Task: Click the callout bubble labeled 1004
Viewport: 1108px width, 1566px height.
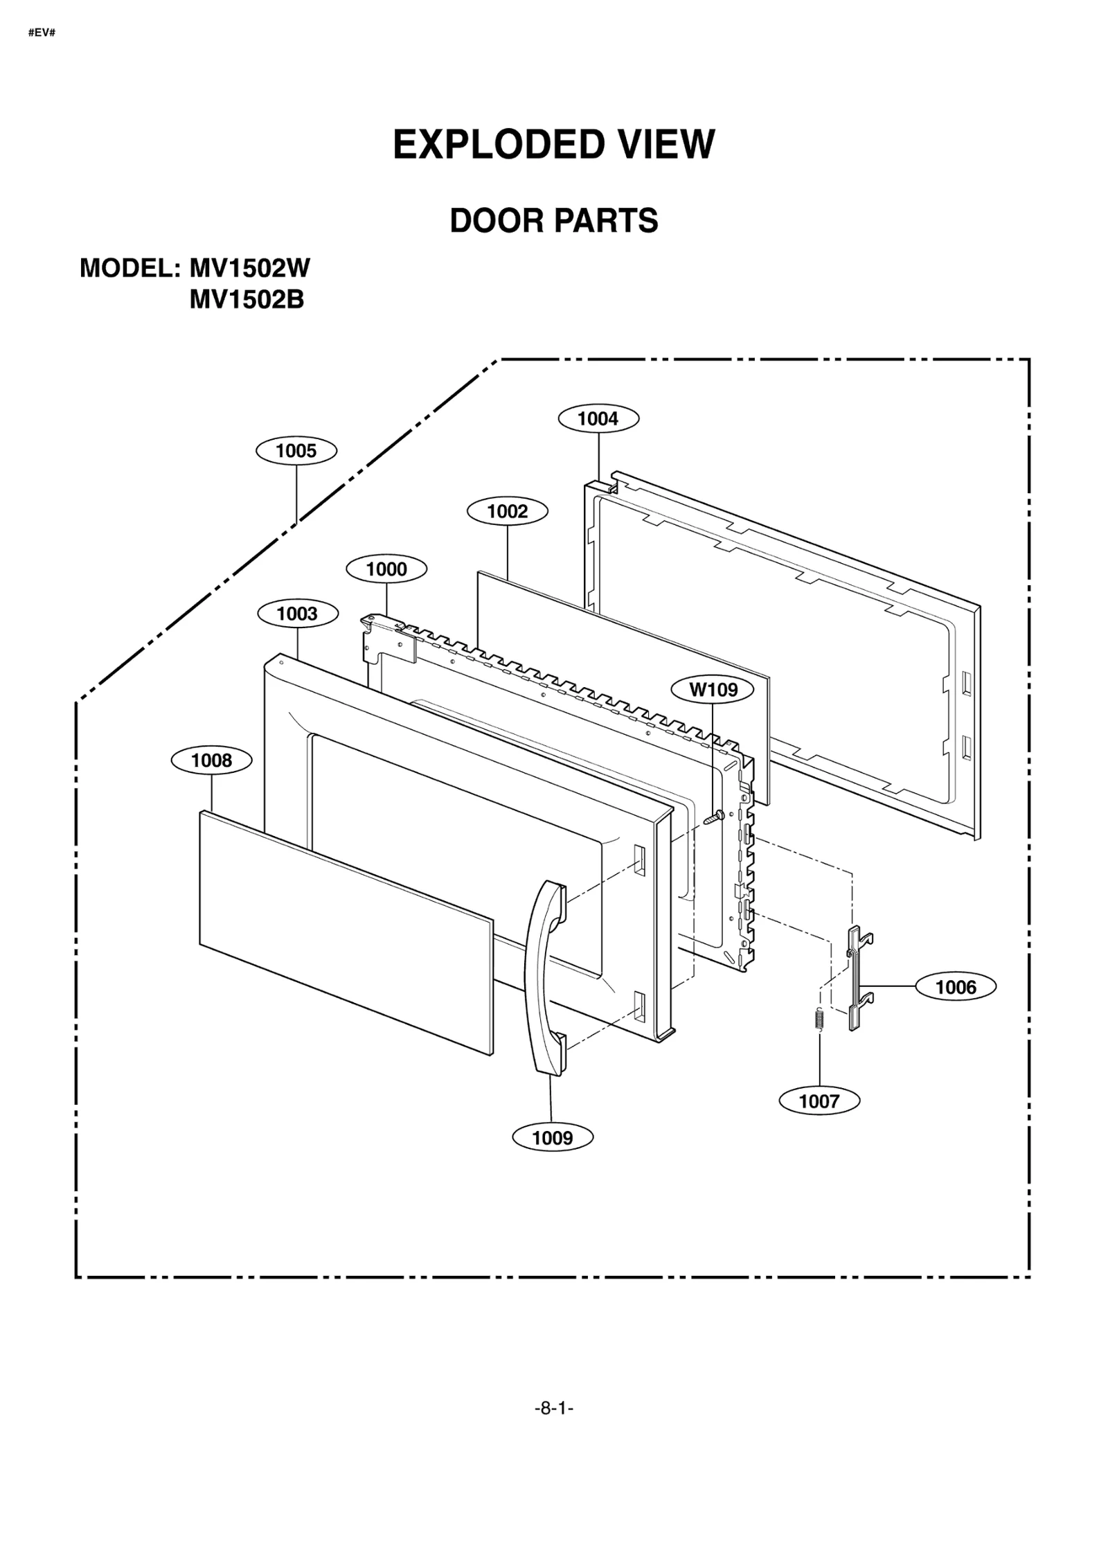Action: click(598, 418)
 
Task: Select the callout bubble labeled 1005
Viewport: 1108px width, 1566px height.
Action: click(296, 451)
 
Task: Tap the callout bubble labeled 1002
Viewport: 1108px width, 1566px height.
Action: click(507, 511)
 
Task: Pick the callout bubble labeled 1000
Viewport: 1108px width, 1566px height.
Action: click(386, 569)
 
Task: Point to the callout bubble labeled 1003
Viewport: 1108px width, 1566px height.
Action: click(297, 614)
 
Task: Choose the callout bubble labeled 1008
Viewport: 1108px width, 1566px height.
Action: click(212, 760)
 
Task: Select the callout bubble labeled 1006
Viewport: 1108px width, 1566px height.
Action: click(956, 987)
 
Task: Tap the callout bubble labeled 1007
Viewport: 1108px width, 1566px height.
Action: click(819, 1101)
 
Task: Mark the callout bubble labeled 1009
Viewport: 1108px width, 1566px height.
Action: click(553, 1138)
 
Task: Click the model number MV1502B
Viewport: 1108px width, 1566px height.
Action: click(247, 300)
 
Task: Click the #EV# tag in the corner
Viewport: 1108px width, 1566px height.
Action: click(42, 33)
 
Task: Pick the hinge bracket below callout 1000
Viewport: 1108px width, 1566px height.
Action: click(389, 639)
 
